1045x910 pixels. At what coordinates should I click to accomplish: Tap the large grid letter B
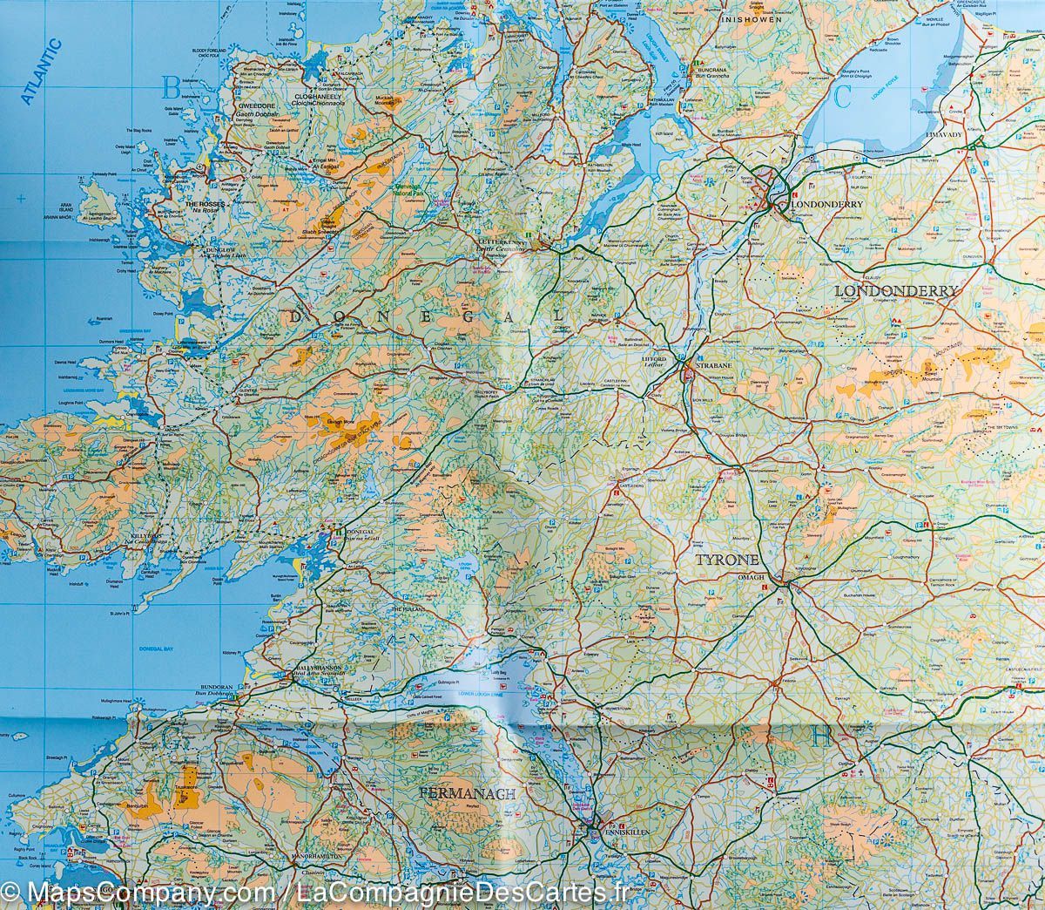click(x=172, y=87)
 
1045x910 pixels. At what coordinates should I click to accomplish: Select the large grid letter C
click(x=840, y=97)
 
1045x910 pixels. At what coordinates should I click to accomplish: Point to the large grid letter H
click(x=820, y=737)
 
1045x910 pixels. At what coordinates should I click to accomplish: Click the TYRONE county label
click(x=727, y=560)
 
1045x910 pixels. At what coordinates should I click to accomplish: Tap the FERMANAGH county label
click(x=468, y=794)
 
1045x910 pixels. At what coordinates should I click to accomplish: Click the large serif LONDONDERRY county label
click(x=896, y=290)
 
